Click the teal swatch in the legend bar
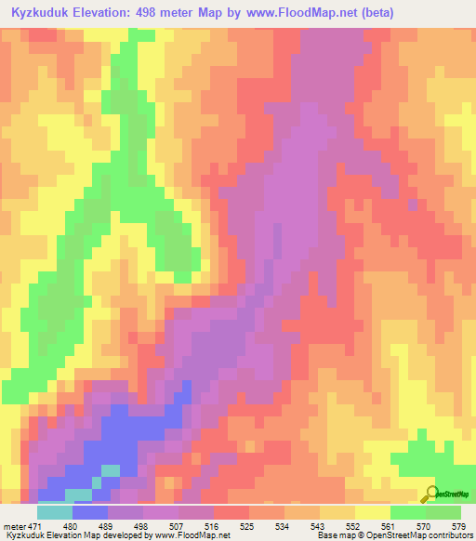click(55, 512)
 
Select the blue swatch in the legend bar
click(90, 512)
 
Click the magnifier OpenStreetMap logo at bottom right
click(433, 493)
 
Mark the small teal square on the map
click(111, 470)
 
